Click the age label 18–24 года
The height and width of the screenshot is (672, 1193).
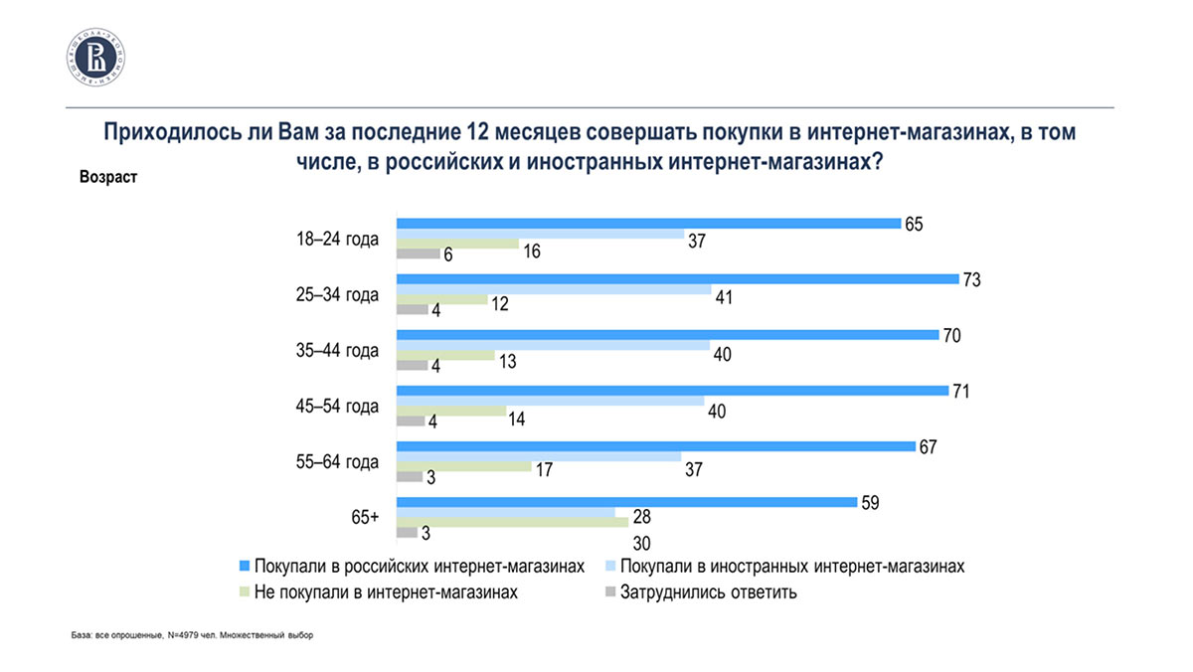[x=337, y=240]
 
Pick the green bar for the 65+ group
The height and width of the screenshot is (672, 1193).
[x=512, y=520]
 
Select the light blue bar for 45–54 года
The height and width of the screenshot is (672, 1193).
[x=551, y=402]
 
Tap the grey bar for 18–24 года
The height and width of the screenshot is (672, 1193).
[x=418, y=254]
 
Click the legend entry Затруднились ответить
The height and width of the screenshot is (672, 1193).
[x=708, y=593]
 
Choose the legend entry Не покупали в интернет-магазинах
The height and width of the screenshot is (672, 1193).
[x=387, y=593]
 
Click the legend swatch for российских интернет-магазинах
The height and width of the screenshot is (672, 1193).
[x=244, y=567]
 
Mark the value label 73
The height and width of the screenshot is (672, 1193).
[x=972, y=280]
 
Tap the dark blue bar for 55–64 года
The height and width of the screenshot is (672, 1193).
[x=656, y=446]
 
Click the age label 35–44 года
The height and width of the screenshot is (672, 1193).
[x=337, y=351]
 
